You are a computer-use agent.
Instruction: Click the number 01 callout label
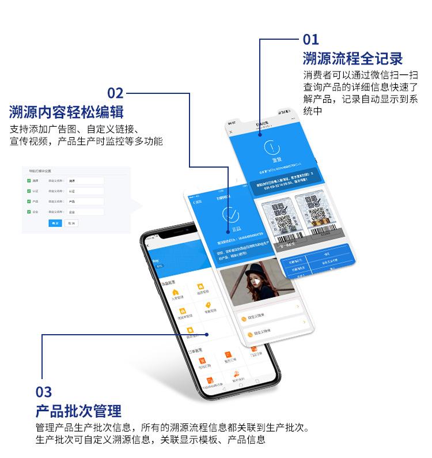(310, 40)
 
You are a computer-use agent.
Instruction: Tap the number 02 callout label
(115, 93)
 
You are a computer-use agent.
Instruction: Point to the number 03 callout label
(44, 393)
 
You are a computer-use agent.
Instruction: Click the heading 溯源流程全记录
(353, 59)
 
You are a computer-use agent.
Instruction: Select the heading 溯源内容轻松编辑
(66, 111)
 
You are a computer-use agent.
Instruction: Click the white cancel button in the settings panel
(71, 223)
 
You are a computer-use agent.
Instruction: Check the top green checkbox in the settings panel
(29, 181)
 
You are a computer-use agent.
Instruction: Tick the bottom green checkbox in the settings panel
(29, 212)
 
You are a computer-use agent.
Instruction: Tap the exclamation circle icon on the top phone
(269, 148)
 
